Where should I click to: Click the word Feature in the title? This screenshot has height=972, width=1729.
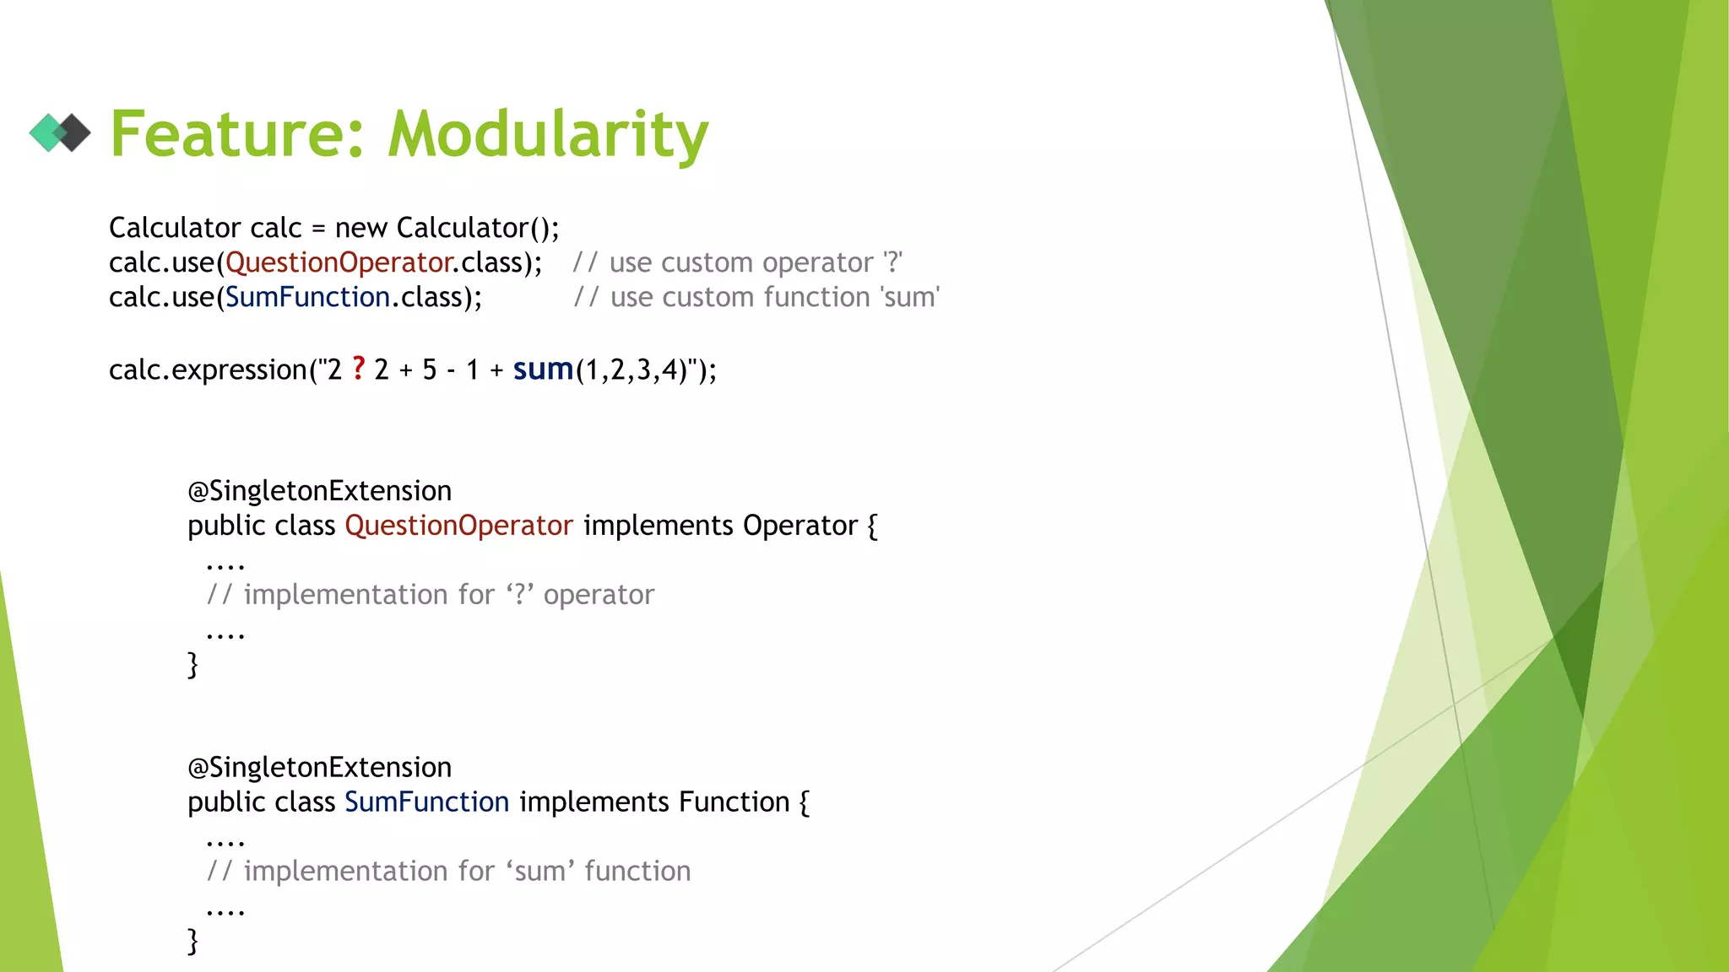(237, 135)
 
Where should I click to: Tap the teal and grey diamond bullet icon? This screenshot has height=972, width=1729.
(60, 132)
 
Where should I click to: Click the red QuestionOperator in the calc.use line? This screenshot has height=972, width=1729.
(339, 263)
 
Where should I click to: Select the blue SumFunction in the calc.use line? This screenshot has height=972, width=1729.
(307, 298)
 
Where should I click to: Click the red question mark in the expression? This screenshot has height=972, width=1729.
(359, 369)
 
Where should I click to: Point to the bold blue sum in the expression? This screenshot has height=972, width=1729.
(543, 370)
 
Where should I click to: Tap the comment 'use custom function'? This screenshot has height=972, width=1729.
(756, 298)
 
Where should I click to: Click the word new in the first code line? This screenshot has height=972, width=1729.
(360, 229)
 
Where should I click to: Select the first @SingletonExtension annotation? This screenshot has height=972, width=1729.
(319, 491)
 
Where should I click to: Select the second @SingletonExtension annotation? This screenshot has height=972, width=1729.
(319, 768)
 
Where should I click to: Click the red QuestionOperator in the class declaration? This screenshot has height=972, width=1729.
(458, 526)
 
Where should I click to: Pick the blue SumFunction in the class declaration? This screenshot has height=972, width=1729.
(426, 802)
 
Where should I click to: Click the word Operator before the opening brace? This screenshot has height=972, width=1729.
(799, 526)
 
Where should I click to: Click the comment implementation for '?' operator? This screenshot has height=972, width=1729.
(431, 595)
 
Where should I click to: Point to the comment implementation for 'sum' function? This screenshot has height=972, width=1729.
(449, 872)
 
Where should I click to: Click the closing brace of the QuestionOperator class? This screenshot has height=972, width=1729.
(192, 665)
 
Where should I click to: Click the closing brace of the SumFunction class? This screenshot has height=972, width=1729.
(192, 941)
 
